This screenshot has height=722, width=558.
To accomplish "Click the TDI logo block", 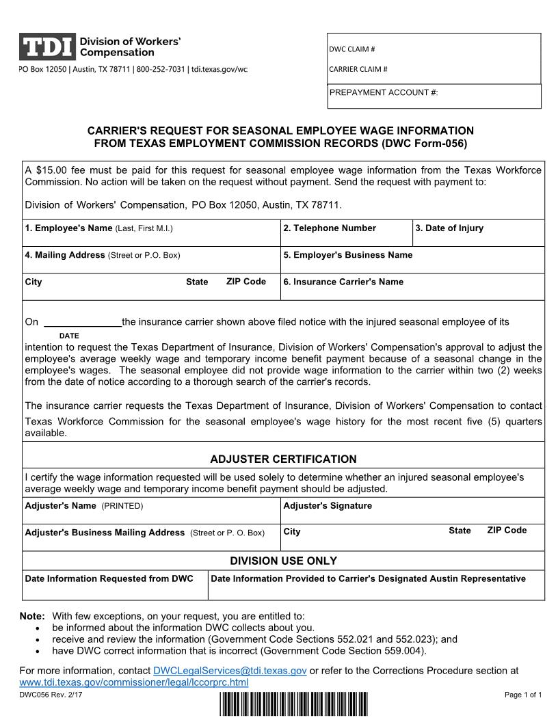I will pos(46,46).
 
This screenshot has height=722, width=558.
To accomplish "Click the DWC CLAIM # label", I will pos(352,49).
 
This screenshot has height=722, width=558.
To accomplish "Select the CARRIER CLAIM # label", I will pos(358,69).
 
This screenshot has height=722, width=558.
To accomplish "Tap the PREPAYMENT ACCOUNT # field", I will pos(434,96).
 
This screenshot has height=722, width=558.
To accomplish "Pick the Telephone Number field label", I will pos(330,228).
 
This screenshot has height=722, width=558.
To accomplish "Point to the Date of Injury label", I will pos(449,228).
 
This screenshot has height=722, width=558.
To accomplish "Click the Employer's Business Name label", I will pos(348,255).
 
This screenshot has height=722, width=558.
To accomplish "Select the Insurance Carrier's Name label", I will pos(343,282).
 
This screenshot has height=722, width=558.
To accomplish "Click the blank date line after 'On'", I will pos(82,321).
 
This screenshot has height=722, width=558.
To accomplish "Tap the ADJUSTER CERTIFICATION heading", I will pos(283,459).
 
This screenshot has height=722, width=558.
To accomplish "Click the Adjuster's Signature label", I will pos(328,506).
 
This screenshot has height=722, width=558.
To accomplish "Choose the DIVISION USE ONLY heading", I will pos(283,561).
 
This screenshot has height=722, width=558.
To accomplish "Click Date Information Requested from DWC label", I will pos(109,578).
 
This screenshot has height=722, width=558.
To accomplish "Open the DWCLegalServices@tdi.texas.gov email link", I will pos(230,671).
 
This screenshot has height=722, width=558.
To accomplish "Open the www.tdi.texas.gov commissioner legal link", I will pos(134,682).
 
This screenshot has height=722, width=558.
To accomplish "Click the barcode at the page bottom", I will pos(294,704).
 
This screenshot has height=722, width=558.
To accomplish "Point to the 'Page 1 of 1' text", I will pos(523,695).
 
